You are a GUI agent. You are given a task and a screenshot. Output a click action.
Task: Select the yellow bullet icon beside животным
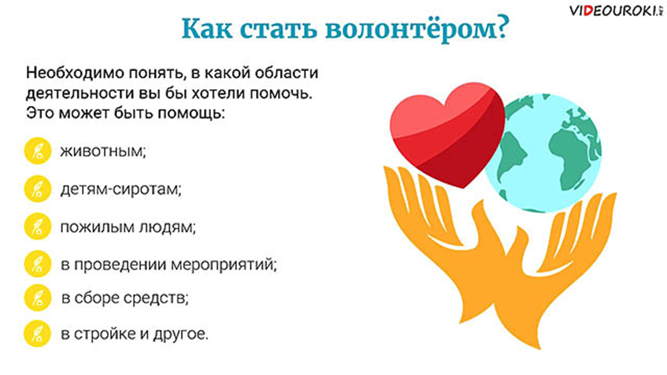tap(38, 151)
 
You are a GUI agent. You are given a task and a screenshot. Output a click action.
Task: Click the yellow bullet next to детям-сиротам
tap(38, 189)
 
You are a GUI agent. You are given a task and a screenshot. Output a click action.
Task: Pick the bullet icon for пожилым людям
tap(38, 227)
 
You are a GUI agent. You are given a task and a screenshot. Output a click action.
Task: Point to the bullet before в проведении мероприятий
tap(38, 263)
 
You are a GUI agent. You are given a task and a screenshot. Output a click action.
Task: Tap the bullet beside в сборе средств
tap(38, 298)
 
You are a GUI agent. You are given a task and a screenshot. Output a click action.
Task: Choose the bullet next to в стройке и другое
tap(38, 334)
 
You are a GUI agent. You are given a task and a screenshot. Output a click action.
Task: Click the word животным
tap(103, 151)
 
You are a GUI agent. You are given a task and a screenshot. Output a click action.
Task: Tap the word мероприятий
tap(224, 265)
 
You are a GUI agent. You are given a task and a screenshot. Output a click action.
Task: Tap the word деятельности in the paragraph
tap(79, 93)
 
